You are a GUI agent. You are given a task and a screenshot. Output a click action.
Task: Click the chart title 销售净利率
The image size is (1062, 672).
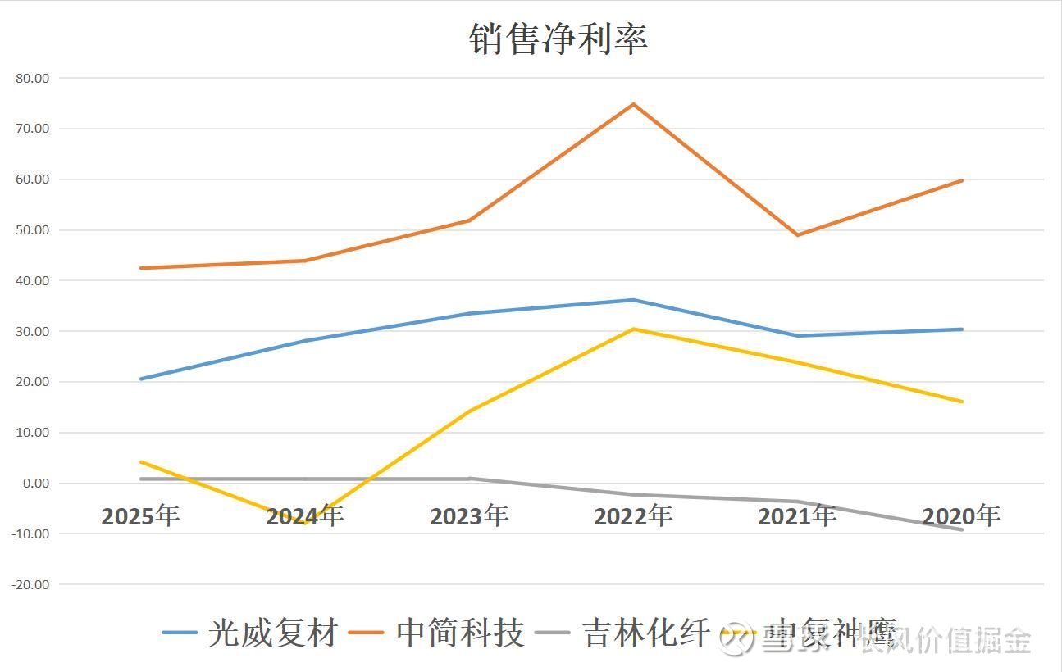coord(558,39)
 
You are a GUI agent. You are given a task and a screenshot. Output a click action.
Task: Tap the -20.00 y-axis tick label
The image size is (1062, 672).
coord(30,585)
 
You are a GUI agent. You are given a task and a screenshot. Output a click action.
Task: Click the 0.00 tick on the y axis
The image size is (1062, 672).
coord(35,484)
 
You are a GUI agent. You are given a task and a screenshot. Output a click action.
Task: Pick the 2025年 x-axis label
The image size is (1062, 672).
coord(140,516)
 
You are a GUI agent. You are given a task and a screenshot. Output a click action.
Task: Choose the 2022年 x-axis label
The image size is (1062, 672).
coord(633,516)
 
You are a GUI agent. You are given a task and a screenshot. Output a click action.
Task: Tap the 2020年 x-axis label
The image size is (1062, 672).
coord(961,516)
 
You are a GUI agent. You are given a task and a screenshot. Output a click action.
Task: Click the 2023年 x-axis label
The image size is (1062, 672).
coord(469,516)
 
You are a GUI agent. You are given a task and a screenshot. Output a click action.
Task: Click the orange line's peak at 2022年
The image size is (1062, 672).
coord(633,104)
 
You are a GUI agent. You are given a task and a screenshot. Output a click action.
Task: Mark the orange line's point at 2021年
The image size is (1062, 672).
coord(797,235)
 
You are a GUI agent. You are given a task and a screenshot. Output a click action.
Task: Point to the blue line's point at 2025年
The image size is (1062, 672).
coord(141,379)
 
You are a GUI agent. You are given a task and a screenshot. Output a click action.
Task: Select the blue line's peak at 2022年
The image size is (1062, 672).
coord(633,300)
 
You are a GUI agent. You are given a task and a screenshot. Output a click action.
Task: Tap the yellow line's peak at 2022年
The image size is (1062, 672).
coord(633,329)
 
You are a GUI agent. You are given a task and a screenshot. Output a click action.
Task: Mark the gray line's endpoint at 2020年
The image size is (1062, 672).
coord(961,529)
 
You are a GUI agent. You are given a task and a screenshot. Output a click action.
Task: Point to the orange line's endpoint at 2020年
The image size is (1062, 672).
coord(961,180)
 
